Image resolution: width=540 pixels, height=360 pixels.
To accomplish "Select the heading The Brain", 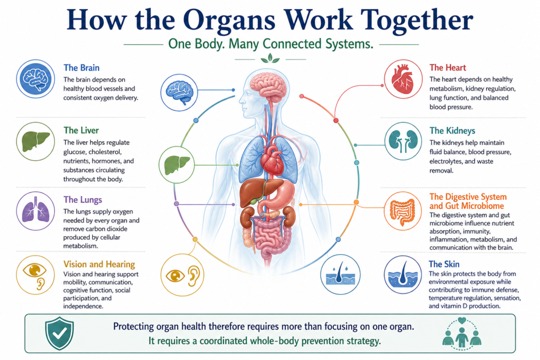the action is pos(82,68).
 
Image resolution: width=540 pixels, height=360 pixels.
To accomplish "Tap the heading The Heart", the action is pos(448,67).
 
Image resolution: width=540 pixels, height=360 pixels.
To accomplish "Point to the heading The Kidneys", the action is pos(452,131).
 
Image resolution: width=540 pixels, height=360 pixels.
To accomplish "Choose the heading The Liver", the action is pos(81,130).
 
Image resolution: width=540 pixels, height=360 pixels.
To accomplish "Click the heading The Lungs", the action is pos(83,200).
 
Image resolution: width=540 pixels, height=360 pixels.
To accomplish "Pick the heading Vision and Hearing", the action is pos(99,264).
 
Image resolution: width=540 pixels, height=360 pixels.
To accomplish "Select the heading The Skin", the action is pos(444,264).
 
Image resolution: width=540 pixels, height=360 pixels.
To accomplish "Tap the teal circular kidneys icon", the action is pos(403,141).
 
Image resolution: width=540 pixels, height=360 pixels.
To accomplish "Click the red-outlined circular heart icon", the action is pos(403,79).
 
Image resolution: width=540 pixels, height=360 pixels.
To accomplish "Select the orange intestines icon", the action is pos(402,211).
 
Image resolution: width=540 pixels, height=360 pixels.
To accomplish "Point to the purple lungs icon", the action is pos(35,211).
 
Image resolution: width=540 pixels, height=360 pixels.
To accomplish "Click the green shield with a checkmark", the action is pos(59,333).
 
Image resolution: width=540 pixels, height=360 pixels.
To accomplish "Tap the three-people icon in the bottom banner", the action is pos(462,334).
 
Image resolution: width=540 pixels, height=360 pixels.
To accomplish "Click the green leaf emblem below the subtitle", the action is pos(270,59).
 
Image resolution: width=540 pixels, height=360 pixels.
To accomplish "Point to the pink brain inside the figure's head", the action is pos(268,86).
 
